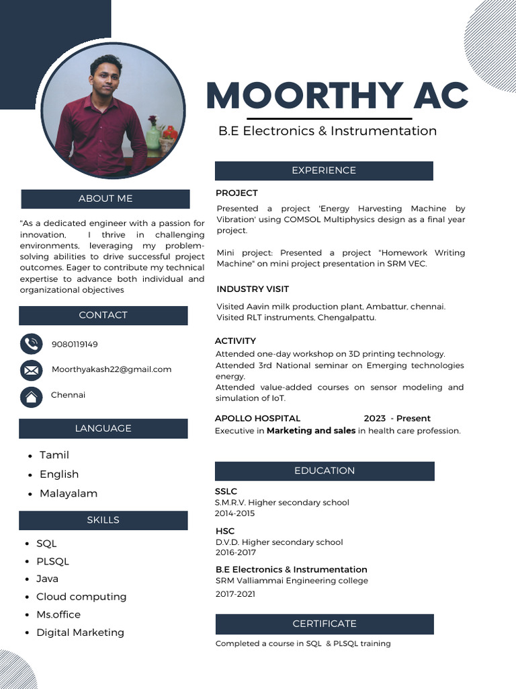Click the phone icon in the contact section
(31, 344)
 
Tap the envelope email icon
(31, 370)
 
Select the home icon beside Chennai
(31, 396)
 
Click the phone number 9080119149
(75, 344)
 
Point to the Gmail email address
(112, 369)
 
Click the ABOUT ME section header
(105, 198)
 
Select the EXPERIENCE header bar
(324, 171)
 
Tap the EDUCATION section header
(325, 471)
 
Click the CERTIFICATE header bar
(325, 624)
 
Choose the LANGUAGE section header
(103, 429)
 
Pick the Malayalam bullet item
(69, 493)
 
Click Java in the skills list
(47, 579)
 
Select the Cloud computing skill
(81, 597)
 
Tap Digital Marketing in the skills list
(80, 632)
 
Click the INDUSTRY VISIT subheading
(253, 289)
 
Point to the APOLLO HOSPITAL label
(257, 419)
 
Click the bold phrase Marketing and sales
(311, 431)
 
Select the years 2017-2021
(235, 594)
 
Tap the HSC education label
(225, 531)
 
